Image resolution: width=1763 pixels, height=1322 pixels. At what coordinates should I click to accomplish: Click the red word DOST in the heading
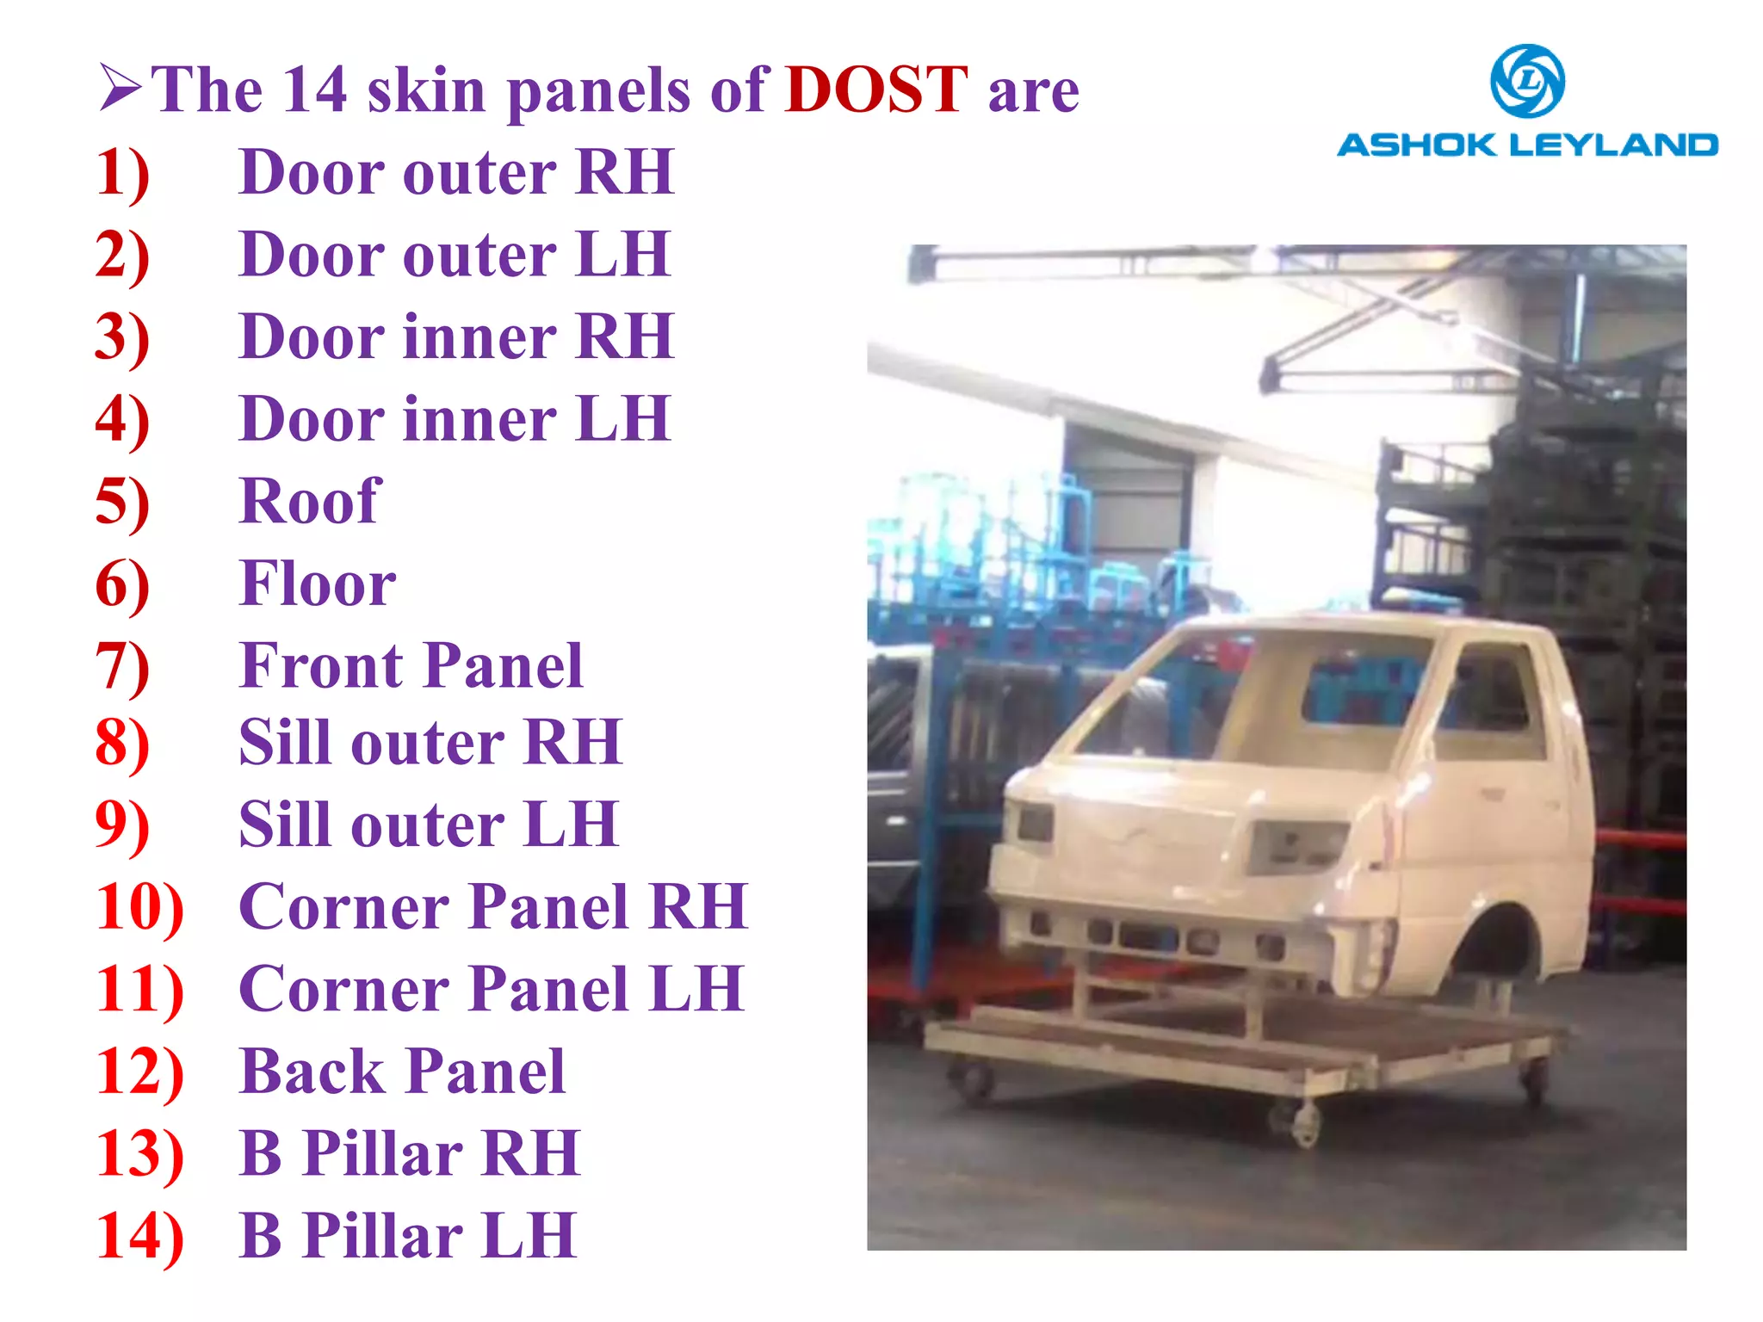click(876, 90)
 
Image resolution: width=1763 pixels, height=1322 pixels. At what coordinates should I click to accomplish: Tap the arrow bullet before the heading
click(120, 88)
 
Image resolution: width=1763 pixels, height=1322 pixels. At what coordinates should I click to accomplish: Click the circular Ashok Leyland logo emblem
click(1527, 82)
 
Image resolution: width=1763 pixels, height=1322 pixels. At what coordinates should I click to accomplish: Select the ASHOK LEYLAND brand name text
click(1527, 145)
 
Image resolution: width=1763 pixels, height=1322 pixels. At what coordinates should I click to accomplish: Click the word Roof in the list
click(310, 501)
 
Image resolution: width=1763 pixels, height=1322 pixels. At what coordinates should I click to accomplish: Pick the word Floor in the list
click(318, 584)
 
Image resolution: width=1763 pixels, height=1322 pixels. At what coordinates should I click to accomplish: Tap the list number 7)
click(122, 666)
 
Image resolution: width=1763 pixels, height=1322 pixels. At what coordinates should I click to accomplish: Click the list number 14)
click(139, 1236)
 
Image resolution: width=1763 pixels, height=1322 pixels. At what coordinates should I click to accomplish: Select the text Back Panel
click(402, 1072)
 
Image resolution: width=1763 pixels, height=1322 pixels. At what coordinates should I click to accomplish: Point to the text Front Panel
click(411, 666)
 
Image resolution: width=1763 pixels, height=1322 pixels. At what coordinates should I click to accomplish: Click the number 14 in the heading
click(315, 90)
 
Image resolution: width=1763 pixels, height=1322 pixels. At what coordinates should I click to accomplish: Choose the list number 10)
click(139, 907)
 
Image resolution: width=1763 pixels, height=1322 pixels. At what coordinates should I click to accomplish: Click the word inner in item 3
click(479, 337)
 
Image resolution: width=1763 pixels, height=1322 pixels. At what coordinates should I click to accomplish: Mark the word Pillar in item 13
click(382, 1153)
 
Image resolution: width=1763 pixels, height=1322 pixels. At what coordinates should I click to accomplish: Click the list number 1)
click(122, 172)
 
